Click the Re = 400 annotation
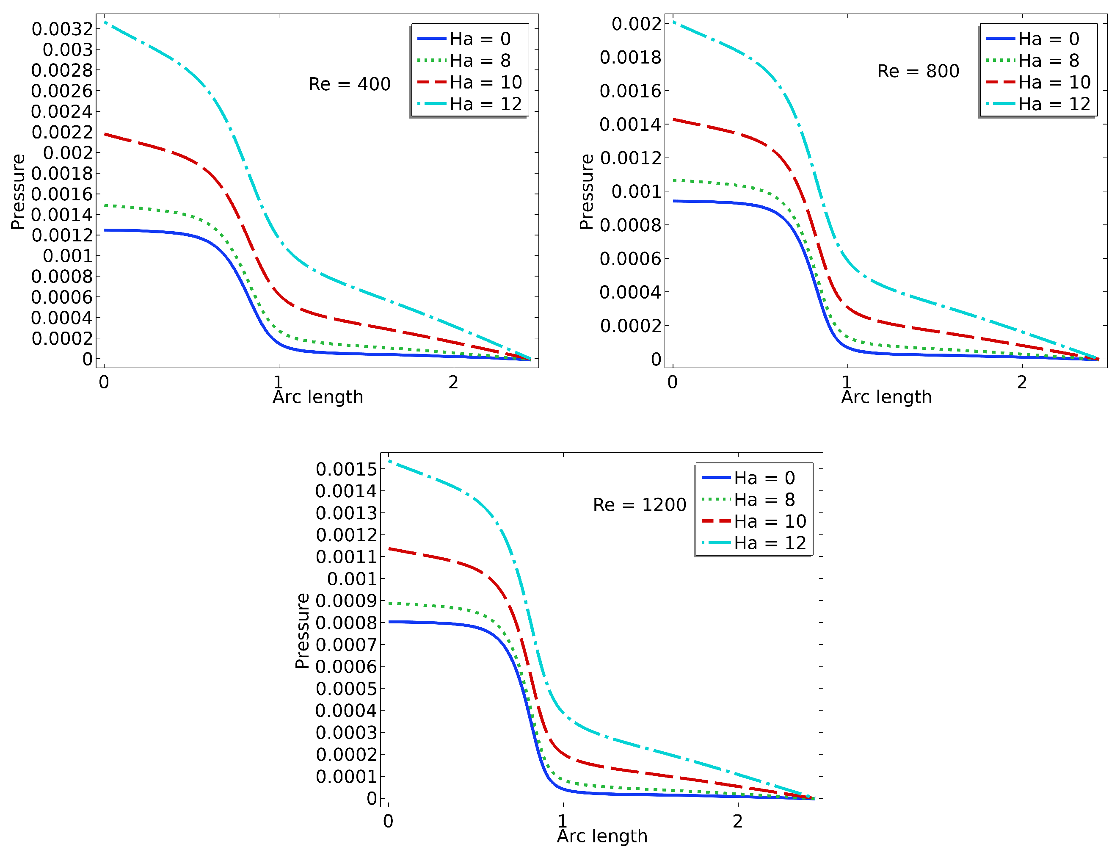[350, 84]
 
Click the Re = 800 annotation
[918, 71]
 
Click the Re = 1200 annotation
[639, 505]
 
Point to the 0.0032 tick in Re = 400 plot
[62, 29]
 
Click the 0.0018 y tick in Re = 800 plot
[630, 57]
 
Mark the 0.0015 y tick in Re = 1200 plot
[346, 469]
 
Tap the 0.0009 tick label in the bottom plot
[346, 601]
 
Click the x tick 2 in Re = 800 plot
[1021, 382]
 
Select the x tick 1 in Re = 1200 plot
[563, 821]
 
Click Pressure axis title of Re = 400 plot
[18, 191]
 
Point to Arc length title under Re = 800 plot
[886, 397]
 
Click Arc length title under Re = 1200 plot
[602, 836]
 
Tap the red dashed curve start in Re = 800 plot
[674, 119]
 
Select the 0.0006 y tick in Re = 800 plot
[630, 259]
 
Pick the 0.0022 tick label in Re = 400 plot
[62, 132]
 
